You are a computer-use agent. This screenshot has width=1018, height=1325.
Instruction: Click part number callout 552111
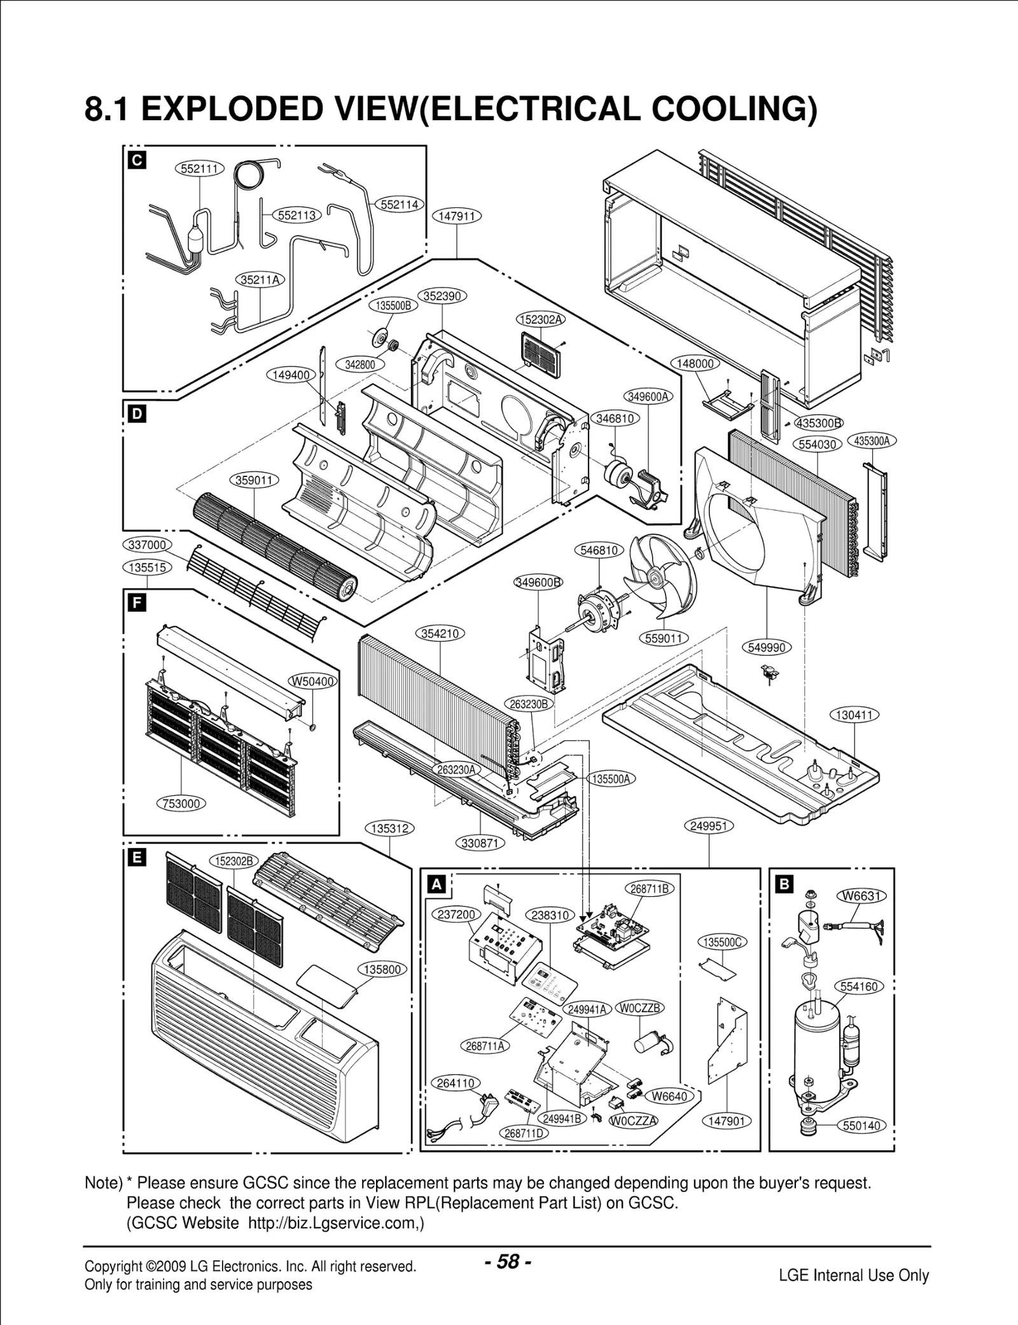pyautogui.click(x=199, y=169)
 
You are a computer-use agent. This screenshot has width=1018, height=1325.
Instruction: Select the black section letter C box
pyautogui.click(x=136, y=160)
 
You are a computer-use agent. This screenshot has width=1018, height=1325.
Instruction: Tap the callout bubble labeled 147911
pyautogui.click(x=457, y=216)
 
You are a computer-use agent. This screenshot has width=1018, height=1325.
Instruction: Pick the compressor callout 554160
pyautogui.click(x=859, y=987)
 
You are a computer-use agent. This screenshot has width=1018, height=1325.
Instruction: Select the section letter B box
pyautogui.click(x=784, y=884)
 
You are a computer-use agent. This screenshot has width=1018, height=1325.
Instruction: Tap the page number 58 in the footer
pyautogui.click(x=508, y=1261)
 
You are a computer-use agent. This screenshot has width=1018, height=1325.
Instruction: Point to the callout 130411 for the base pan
pyautogui.click(x=854, y=715)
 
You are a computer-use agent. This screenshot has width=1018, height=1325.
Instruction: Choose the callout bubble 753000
pyautogui.click(x=181, y=803)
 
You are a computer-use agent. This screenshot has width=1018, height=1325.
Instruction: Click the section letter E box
pyautogui.click(x=136, y=859)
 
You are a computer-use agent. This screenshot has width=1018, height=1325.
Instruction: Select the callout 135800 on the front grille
pyautogui.click(x=382, y=969)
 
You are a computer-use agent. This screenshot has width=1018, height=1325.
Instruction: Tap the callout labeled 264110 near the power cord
pyautogui.click(x=456, y=1083)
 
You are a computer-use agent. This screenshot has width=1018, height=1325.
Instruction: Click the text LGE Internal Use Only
pyautogui.click(x=854, y=1275)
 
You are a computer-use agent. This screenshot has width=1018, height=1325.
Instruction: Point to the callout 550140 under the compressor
pyautogui.click(x=861, y=1125)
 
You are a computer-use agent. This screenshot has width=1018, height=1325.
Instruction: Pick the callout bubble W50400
pyautogui.click(x=313, y=681)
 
